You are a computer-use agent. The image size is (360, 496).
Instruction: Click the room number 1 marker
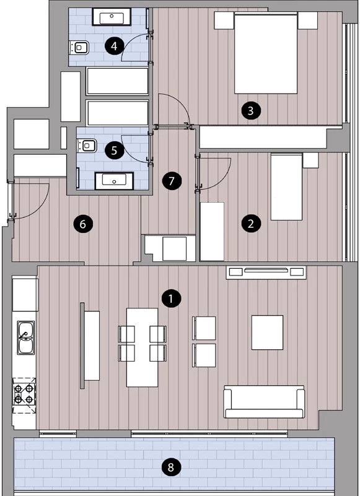click(171, 298)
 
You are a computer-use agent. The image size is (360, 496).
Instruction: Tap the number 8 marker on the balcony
click(171, 467)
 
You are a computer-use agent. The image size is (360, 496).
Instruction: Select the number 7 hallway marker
click(172, 181)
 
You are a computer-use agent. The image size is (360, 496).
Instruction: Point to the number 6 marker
click(83, 224)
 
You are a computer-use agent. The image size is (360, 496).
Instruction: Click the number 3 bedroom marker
click(251, 111)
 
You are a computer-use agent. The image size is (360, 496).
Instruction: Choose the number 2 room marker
click(251, 224)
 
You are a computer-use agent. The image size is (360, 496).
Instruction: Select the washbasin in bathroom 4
click(112, 17)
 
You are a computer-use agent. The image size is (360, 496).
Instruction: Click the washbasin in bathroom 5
click(114, 181)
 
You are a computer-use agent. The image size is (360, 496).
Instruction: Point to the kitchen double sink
click(25, 338)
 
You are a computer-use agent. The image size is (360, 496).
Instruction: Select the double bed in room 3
click(266, 53)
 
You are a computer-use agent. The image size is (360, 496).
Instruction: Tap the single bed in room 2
click(286, 186)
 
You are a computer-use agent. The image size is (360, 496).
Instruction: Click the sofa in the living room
click(264, 402)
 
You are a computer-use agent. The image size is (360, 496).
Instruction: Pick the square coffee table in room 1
click(267, 333)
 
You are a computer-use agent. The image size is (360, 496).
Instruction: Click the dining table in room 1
click(142, 347)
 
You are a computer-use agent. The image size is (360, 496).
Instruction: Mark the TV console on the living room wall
click(266, 272)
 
